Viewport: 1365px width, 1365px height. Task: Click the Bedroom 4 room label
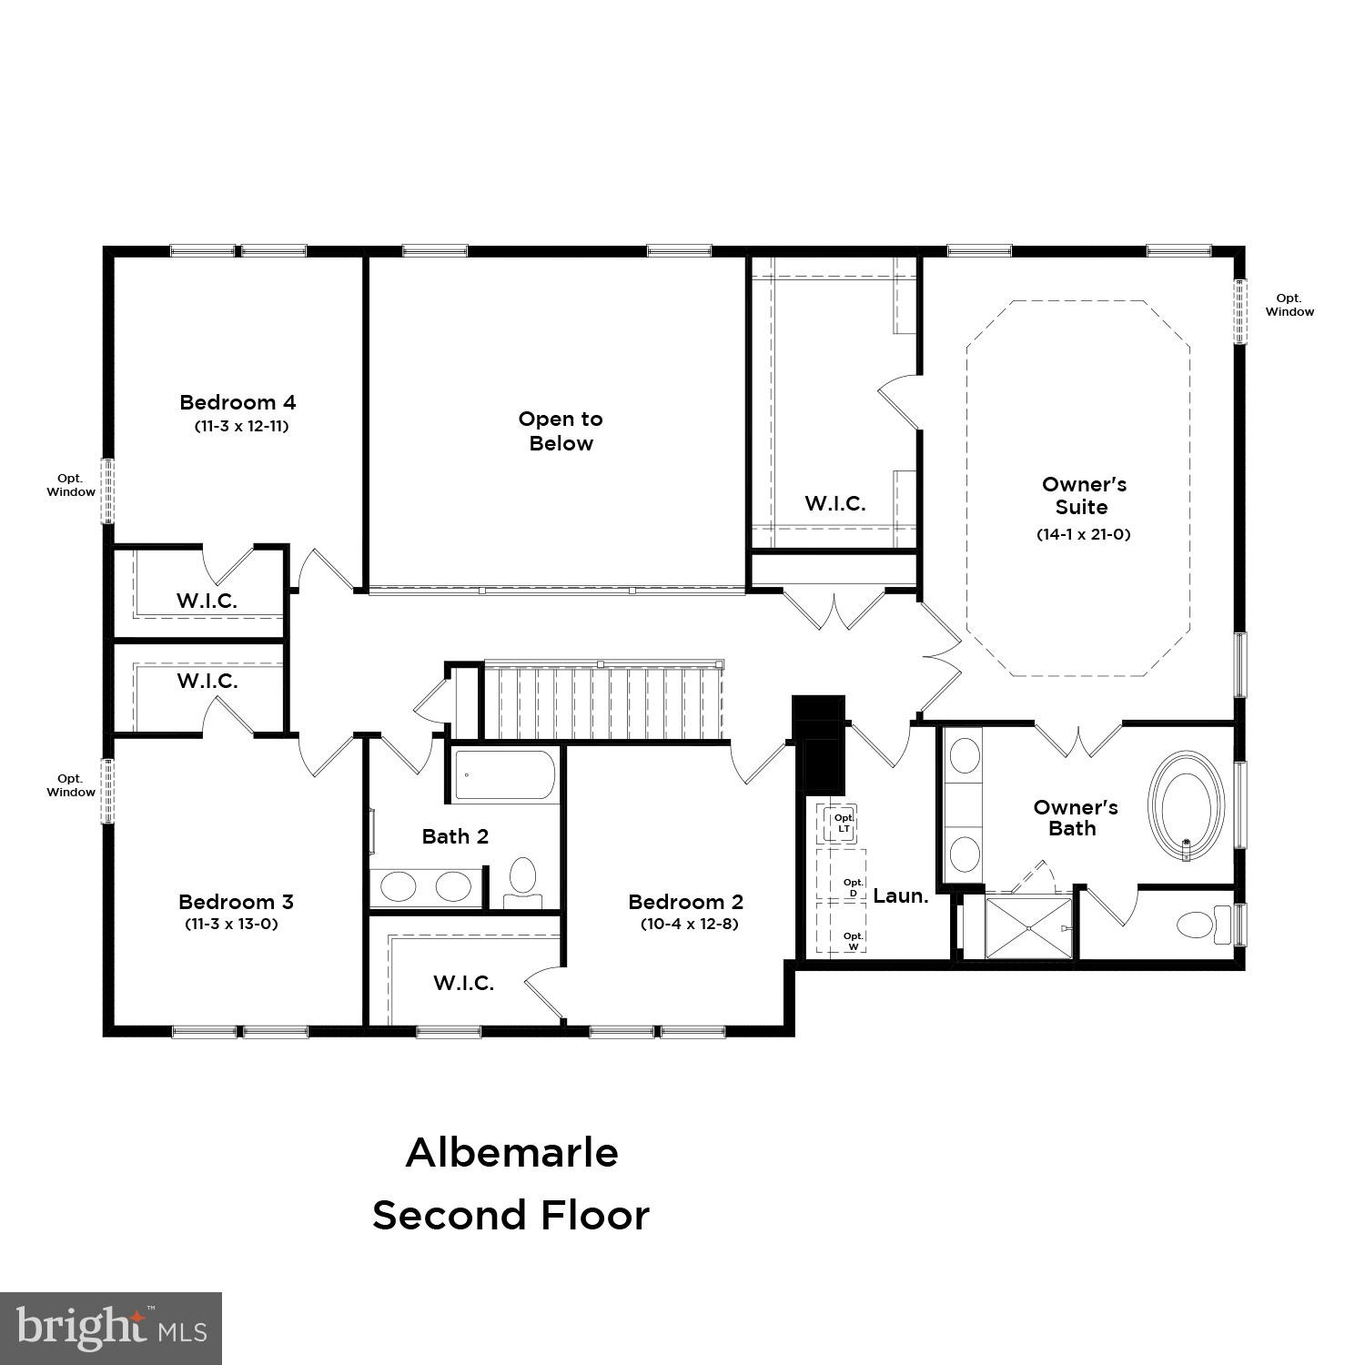[x=238, y=402]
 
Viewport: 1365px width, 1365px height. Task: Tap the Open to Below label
[x=561, y=431]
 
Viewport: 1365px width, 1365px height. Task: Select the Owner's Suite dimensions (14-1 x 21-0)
[x=1083, y=534]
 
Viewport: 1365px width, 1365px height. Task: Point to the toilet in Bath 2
[x=522, y=879]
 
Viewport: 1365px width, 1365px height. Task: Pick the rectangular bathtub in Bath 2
[x=504, y=775]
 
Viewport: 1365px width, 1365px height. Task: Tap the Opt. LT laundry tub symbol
[x=842, y=824]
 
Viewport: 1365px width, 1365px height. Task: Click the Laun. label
[x=901, y=895]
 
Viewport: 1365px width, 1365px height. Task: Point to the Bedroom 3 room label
[x=236, y=902]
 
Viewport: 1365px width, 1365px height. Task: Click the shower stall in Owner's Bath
[x=1028, y=927]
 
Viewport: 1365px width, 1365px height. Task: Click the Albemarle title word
[x=511, y=1152]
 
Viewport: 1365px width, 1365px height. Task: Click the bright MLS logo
[x=111, y=1329]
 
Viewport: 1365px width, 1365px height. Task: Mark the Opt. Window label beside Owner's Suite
[x=1289, y=305]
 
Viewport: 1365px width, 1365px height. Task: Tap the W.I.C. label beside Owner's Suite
[x=834, y=503]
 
